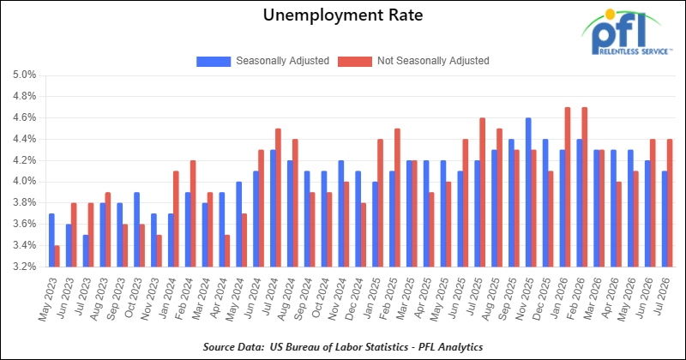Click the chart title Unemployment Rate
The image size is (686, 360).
pyautogui.click(x=343, y=15)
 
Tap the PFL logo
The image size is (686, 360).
pyautogui.click(x=626, y=33)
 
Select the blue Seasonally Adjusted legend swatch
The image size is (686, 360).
pyautogui.click(x=214, y=61)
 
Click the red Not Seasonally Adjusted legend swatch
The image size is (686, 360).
pyautogui.click(x=355, y=61)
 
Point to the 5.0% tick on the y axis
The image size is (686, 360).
pyautogui.click(x=25, y=75)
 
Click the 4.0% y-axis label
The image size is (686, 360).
pyautogui.click(x=25, y=182)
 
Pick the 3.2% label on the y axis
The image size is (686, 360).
pyautogui.click(x=25, y=267)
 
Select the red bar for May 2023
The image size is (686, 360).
pyautogui.click(x=57, y=256)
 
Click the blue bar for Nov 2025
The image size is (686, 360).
pyautogui.click(x=528, y=193)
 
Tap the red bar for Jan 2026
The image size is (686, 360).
pyautogui.click(x=568, y=187)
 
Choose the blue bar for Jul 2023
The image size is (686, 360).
pyautogui.click(x=86, y=251)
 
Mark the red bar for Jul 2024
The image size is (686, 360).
pyautogui.click(x=278, y=198)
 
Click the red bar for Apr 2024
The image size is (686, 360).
pyautogui.click(x=226, y=251)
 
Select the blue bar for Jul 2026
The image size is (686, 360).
pyautogui.click(x=665, y=219)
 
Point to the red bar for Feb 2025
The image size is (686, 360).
pyautogui.click(x=397, y=198)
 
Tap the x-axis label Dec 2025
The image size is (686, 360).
pyautogui.click(x=543, y=299)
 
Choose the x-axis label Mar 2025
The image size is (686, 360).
pyautogui.click(x=406, y=299)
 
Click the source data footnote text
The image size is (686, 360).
pyautogui.click(x=343, y=347)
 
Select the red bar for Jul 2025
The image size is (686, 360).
pyautogui.click(x=482, y=193)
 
